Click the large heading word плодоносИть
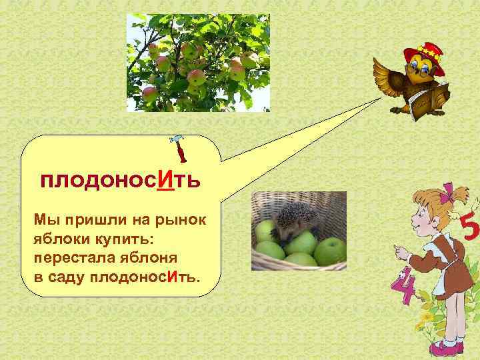[x=119, y=180]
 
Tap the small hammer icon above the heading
[x=179, y=149]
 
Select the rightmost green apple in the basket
[x=329, y=251]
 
